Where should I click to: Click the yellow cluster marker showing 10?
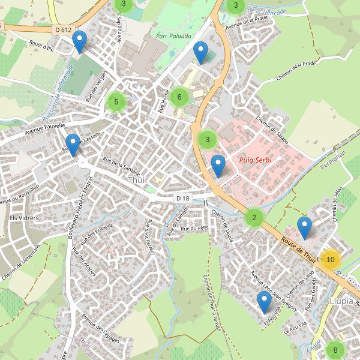(x=330, y=259)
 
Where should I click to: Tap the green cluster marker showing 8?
(x=335, y=350)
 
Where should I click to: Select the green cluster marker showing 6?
(x=179, y=97)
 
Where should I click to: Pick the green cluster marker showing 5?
(x=116, y=102)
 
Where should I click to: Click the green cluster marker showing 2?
(x=254, y=217)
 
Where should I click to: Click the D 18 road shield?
(x=183, y=198)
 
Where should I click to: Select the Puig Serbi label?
(x=255, y=161)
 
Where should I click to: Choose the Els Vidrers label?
(x=24, y=217)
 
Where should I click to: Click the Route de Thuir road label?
(x=298, y=248)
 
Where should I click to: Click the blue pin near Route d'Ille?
(x=79, y=42)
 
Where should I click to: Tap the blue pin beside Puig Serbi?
(x=218, y=165)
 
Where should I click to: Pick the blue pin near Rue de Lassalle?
(x=73, y=145)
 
